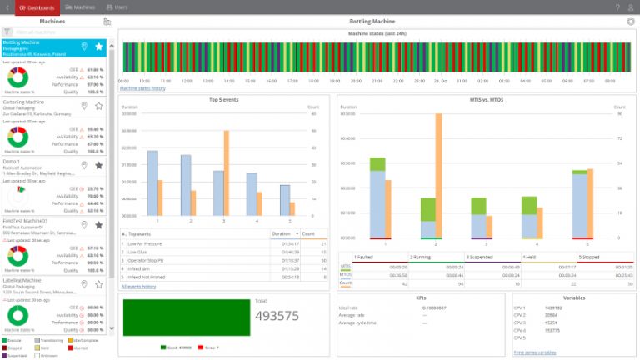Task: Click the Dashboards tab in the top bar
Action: click(37, 7)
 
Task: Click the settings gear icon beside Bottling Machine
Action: click(630, 21)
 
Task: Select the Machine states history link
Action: click(142, 87)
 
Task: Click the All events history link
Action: click(139, 286)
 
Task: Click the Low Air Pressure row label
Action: click(145, 242)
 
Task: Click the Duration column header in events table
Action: click(282, 234)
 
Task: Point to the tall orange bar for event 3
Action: click(226, 172)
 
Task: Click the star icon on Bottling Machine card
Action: click(98, 47)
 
